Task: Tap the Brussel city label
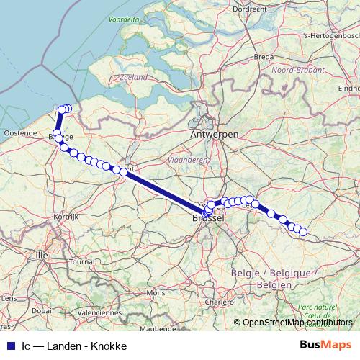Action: coord(208,218)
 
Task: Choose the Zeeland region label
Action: coord(135,77)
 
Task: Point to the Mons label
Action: coord(156,293)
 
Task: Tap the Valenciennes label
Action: coord(100,313)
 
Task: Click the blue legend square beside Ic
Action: coord(9,346)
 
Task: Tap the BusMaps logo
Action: coord(325,345)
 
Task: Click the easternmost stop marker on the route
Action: coord(303,232)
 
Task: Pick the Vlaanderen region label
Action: coord(186,160)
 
